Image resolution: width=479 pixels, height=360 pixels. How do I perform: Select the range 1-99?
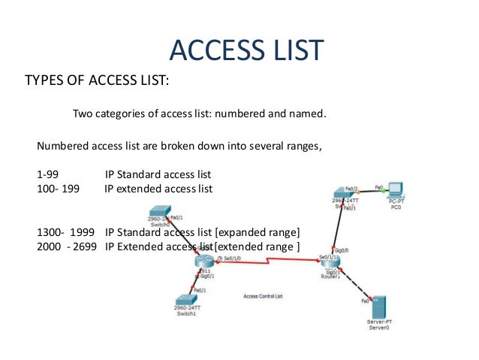coord(48,174)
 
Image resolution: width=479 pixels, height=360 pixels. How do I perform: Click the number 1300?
coord(50,231)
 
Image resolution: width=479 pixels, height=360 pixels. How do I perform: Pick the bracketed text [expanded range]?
coord(256,231)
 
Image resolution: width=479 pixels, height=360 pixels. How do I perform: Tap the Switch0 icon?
coord(159,213)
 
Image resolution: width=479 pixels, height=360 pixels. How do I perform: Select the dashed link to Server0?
coord(357,283)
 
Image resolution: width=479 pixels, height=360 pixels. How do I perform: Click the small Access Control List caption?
coord(264,296)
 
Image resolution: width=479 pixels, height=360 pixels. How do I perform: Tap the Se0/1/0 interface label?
coord(230,258)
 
